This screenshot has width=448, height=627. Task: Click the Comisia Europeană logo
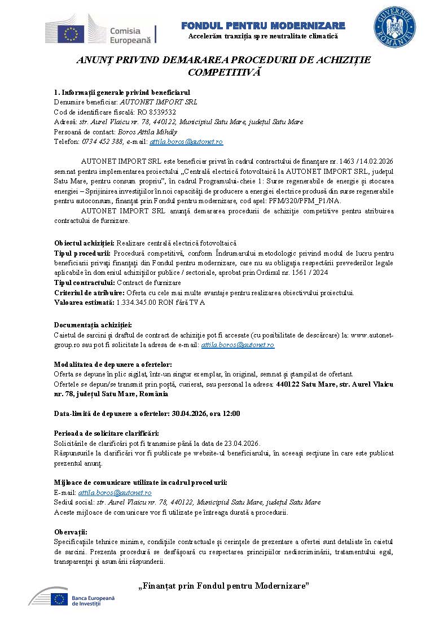(x=102, y=29)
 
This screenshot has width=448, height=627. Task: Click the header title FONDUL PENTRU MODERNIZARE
(x=263, y=26)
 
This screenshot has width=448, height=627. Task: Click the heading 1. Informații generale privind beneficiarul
(x=122, y=92)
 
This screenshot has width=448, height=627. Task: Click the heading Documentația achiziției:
(x=93, y=325)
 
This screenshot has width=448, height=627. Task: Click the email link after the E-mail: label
(x=115, y=493)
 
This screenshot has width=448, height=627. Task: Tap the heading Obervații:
(x=71, y=532)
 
